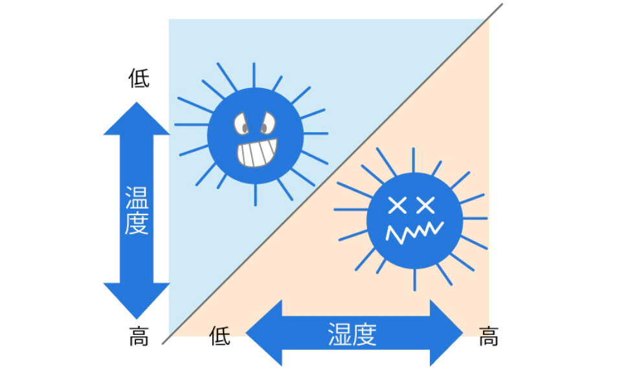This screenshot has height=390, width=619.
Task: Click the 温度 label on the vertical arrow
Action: (x=137, y=211)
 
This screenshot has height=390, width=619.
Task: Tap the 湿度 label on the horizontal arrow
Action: (x=352, y=334)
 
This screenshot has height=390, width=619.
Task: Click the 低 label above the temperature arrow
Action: (x=139, y=78)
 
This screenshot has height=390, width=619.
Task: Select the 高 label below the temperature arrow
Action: (x=139, y=337)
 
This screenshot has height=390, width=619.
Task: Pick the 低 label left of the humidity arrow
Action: (x=220, y=336)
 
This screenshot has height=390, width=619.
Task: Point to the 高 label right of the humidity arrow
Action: (x=489, y=337)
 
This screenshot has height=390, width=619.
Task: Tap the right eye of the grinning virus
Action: (x=267, y=121)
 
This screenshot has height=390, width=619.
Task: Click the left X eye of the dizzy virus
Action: (x=397, y=206)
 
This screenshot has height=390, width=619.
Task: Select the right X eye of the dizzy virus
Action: (x=425, y=206)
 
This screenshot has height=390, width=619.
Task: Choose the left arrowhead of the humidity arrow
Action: (x=262, y=333)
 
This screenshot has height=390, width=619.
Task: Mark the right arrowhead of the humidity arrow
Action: (x=447, y=333)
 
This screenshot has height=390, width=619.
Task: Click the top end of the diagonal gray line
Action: (x=501, y=6)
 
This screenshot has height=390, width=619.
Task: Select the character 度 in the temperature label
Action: (x=137, y=224)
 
